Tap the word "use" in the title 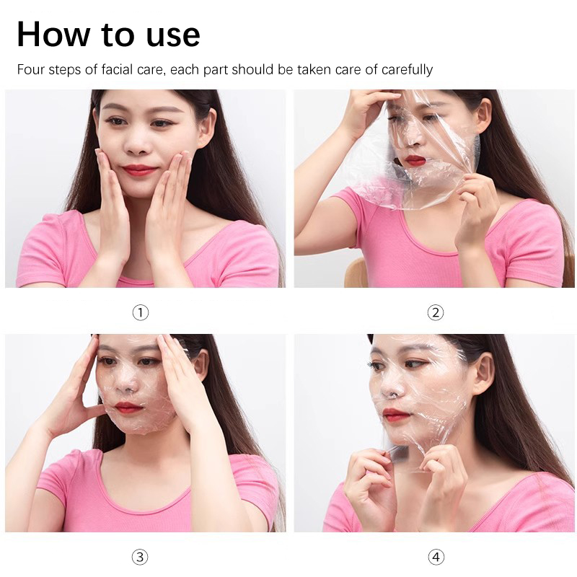pos(173,38)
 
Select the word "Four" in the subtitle pos(31,69)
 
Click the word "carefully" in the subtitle pos(407,70)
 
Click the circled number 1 pos(140,312)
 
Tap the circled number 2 pos(436,312)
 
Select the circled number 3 pos(140,557)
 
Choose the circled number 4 pos(436,557)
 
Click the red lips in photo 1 pos(139,169)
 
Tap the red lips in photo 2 pos(415,160)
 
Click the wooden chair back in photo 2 pos(355,273)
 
